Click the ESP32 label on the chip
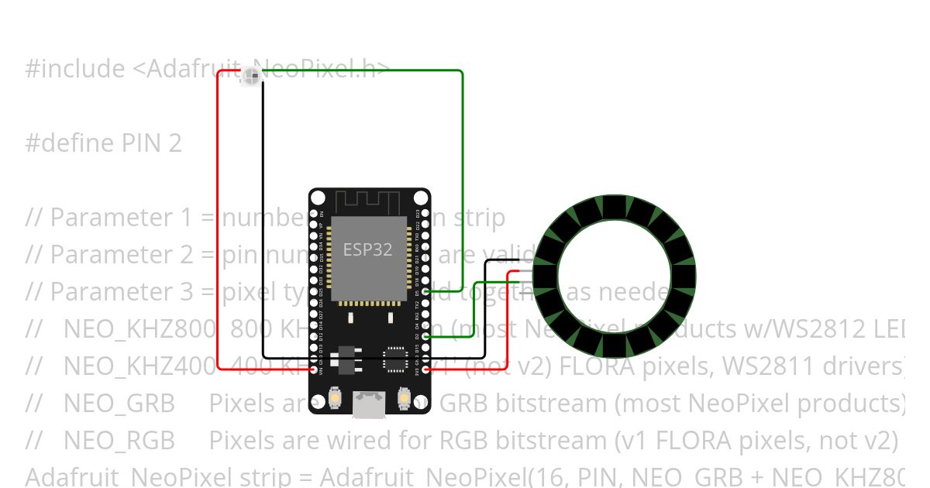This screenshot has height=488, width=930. point(368,249)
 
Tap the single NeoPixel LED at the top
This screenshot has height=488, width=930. point(251,76)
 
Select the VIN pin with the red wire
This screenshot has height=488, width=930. point(314,369)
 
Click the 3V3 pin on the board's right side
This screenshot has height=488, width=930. point(425,369)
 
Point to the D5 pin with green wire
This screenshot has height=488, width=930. point(425,293)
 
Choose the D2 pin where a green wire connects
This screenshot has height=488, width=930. point(425,337)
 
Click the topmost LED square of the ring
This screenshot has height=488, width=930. point(615,207)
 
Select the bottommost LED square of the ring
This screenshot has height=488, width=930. point(615,346)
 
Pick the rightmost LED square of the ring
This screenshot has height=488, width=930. point(684,277)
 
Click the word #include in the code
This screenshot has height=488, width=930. point(74,69)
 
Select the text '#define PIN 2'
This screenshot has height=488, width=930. point(103,143)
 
